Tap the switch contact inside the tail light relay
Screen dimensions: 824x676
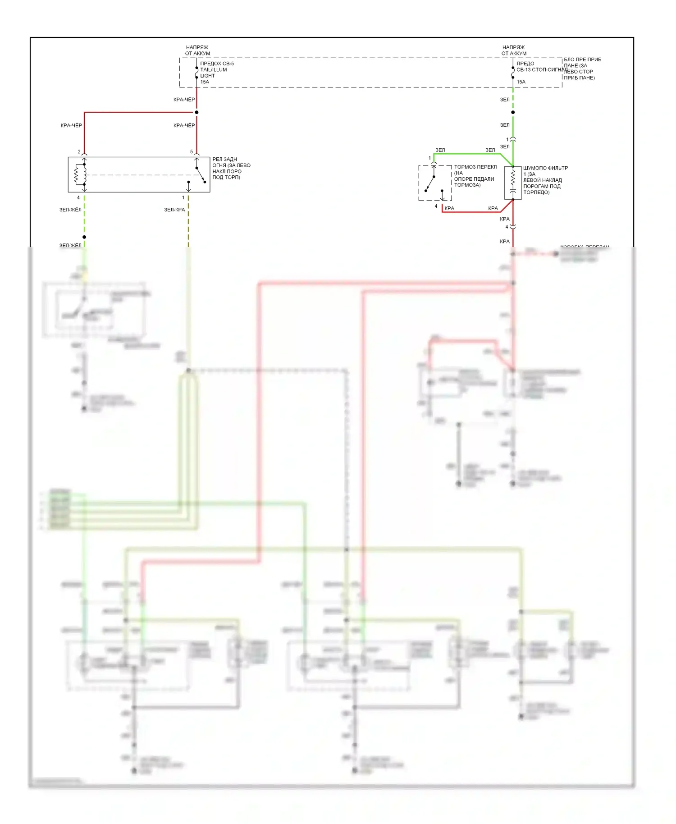click(x=200, y=175)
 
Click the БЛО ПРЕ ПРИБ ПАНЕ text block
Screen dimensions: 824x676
click(x=582, y=69)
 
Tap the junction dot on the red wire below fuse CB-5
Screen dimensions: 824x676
click(x=196, y=112)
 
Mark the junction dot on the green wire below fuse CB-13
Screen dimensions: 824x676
click(x=513, y=112)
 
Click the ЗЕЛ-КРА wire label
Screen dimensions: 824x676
click(x=174, y=210)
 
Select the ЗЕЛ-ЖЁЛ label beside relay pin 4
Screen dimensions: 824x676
click(x=70, y=210)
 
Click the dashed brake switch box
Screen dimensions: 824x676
click(x=435, y=183)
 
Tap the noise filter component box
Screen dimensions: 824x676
click(x=513, y=183)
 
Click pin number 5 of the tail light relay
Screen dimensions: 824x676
click(x=192, y=152)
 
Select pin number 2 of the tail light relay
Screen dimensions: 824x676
click(x=79, y=152)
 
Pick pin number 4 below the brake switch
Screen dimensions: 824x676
click(x=436, y=206)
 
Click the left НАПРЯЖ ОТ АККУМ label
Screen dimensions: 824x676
click(x=197, y=50)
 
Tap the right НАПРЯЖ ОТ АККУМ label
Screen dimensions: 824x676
click(x=514, y=50)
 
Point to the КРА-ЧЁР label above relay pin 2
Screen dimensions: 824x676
click(x=71, y=125)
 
